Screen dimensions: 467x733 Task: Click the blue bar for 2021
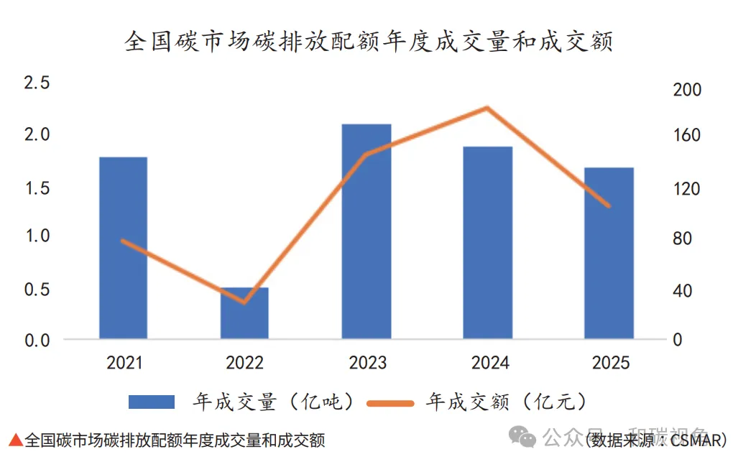pyautogui.click(x=123, y=247)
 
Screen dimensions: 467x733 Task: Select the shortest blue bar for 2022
pyautogui.click(x=244, y=313)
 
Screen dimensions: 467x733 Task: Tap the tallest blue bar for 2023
pyautogui.click(x=366, y=231)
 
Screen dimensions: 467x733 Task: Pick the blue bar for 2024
pyautogui.click(x=487, y=242)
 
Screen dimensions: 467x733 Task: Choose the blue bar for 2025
pyautogui.click(x=609, y=252)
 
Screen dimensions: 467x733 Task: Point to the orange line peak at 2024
pyautogui.click(x=487, y=108)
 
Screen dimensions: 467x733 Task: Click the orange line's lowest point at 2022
pyautogui.click(x=244, y=302)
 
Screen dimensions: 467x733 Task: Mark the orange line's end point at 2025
pyautogui.click(x=609, y=206)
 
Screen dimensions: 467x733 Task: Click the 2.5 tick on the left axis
pyautogui.click(x=37, y=83)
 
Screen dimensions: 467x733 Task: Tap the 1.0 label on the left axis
pyautogui.click(x=37, y=236)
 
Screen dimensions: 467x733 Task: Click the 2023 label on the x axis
pyautogui.click(x=367, y=363)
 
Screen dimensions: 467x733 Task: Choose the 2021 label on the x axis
pyautogui.click(x=124, y=363)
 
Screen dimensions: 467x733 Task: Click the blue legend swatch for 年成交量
pyautogui.click(x=151, y=402)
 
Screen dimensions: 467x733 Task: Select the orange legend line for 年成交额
pyautogui.click(x=389, y=403)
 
